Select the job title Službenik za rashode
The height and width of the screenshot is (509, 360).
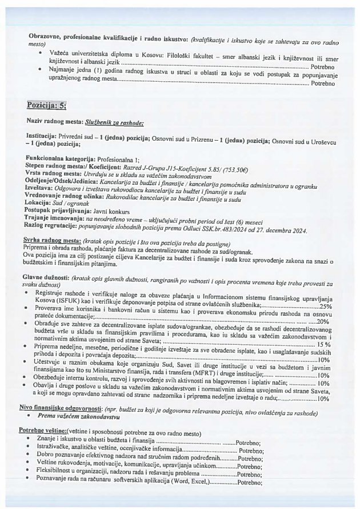point(114,122)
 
